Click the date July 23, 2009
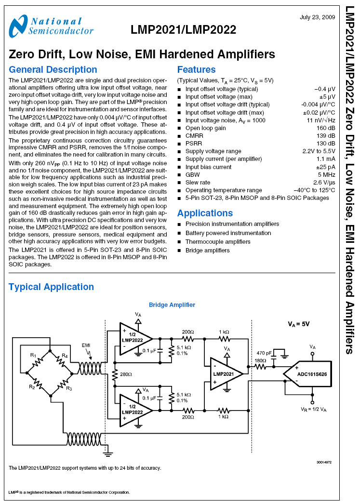[317, 17]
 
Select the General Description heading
[53, 69]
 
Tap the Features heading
[196, 69]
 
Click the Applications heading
[205, 213]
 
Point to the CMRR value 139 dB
[326, 136]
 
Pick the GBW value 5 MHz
[326, 175]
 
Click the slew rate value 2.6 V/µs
[324, 183]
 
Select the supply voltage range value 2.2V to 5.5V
[319, 151]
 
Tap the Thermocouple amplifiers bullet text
[218, 242]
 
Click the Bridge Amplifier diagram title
[172, 305]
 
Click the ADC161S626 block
[307, 374]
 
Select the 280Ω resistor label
[126, 374]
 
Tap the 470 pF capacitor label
[264, 353]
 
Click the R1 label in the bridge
[33, 355]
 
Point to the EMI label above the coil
[86, 345]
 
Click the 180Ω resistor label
[260, 360]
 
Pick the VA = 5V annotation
[298, 324]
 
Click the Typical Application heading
[51, 287]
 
